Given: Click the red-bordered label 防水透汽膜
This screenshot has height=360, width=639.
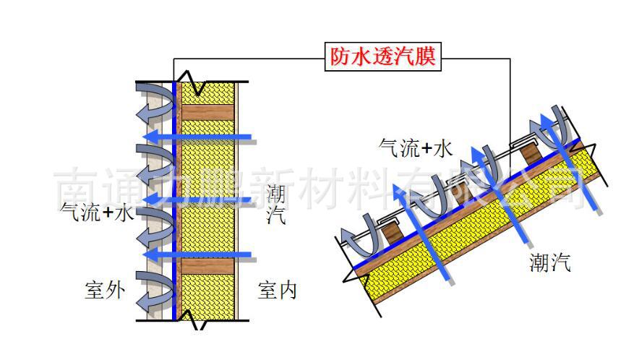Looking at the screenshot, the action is [x=383, y=57].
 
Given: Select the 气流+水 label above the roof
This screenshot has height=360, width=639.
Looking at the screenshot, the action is [x=416, y=148].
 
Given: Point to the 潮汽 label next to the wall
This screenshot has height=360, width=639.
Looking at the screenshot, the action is [x=275, y=205].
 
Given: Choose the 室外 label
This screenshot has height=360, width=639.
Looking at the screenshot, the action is [x=105, y=291].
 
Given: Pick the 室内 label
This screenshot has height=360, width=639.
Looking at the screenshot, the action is [x=278, y=291].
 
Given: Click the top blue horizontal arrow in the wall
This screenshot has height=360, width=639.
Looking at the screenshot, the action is [x=197, y=136].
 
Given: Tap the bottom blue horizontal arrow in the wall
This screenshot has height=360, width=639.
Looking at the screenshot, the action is [x=197, y=254].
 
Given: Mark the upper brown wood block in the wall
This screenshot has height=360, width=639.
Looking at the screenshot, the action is [x=207, y=112].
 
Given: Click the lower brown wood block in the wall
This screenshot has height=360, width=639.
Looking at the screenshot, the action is [x=207, y=267].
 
